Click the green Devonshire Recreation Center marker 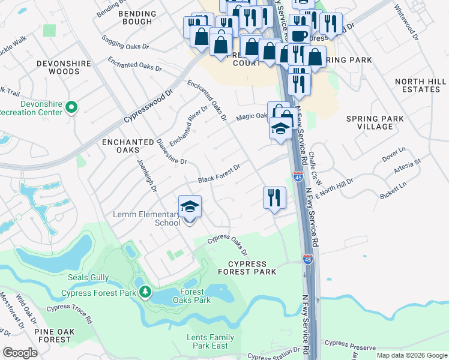71,108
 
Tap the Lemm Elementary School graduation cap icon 190,208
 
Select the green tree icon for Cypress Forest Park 145,292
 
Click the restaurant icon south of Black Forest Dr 274,197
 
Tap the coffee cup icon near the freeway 298,36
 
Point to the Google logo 20,352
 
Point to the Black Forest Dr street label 219,173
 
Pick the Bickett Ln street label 393,193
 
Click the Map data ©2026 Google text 411,355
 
